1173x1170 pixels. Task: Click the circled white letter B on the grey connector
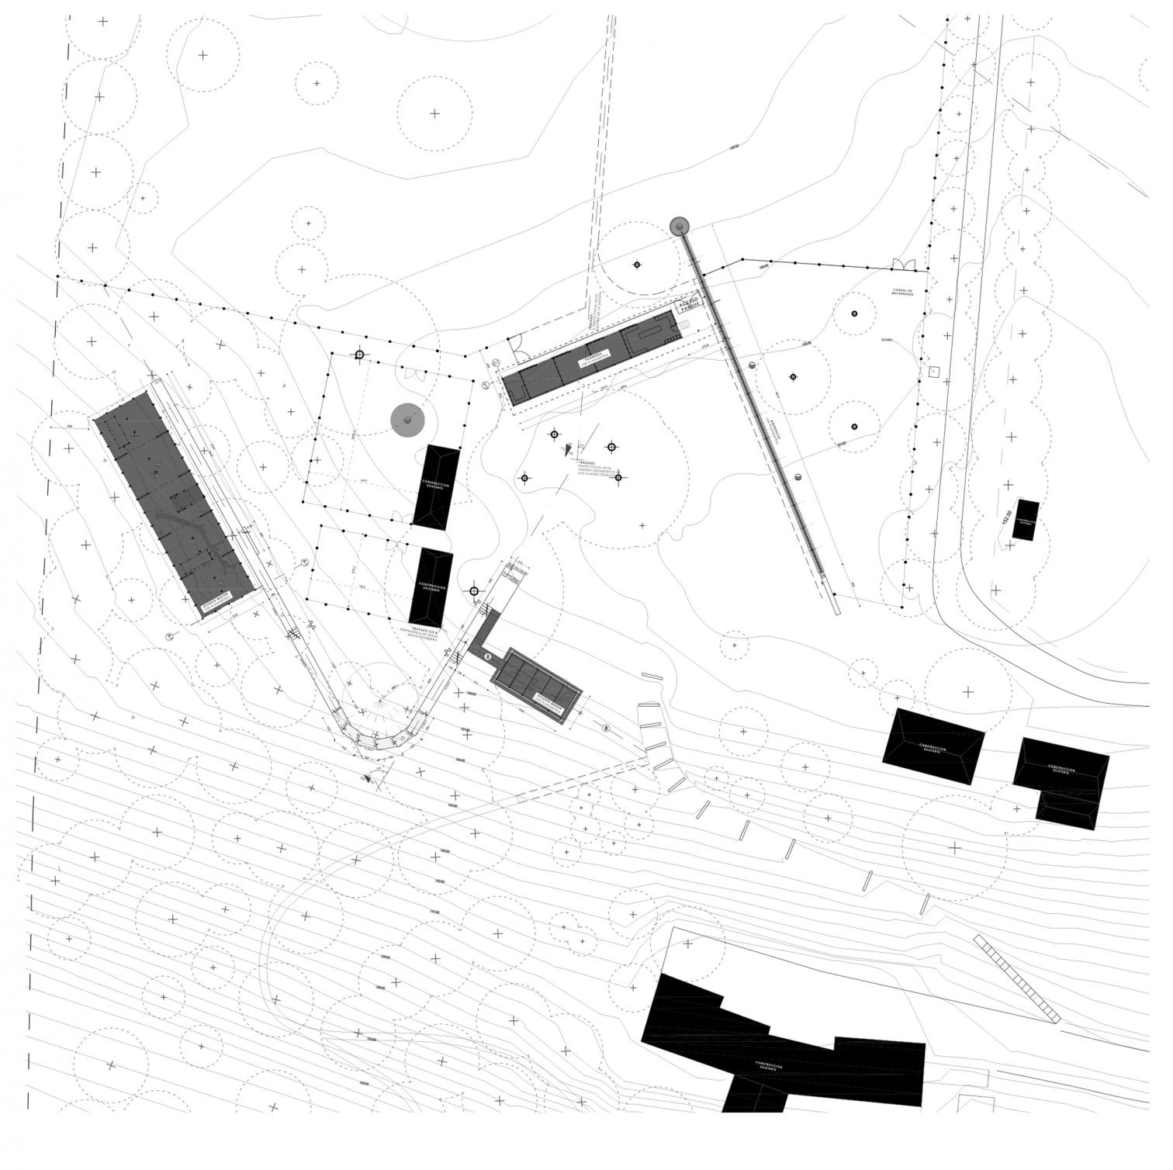click(x=487, y=656)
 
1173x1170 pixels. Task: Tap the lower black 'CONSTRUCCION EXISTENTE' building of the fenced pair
click(x=431, y=587)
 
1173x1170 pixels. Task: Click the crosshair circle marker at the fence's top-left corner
click(x=358, y=355)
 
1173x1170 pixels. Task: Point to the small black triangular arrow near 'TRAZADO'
click(x=567, y=448)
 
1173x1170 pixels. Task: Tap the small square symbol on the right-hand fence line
click(x=934, y=371)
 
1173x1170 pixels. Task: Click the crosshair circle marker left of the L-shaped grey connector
click(x=473, y=591)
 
